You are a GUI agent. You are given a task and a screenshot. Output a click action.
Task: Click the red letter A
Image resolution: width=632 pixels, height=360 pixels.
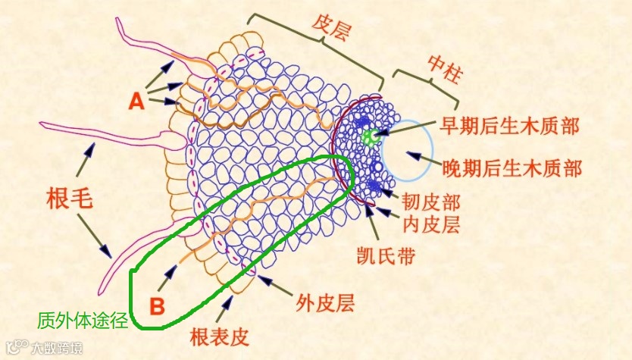point(136,101)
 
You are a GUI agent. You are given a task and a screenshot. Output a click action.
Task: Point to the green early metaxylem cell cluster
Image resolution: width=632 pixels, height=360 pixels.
point(369,137)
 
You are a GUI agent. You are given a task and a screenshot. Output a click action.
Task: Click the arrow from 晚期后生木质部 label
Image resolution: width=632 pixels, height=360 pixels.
point(418,158)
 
